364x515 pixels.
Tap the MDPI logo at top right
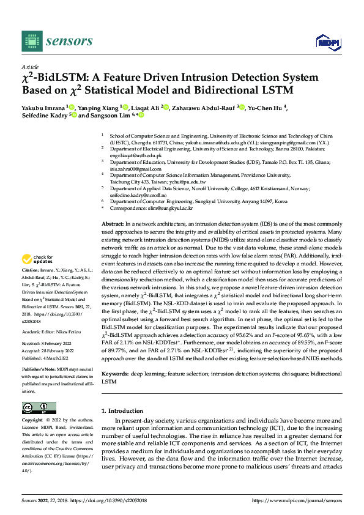(327, 42)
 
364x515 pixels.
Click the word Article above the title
(30, 67)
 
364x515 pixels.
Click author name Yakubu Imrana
(43, 107)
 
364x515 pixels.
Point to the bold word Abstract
(113, 225)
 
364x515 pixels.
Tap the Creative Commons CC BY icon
(39, 408)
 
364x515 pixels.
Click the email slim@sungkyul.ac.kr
(169, 209)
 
